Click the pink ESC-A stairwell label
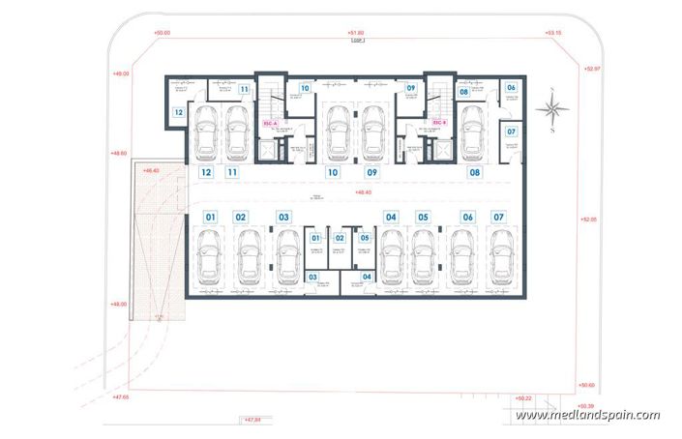tap(270, 124)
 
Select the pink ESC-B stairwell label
tap(438, 124)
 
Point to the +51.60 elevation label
tap(357, 34)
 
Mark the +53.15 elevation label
tap(553, 34)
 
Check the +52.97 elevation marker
tap(592, 70)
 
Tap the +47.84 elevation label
tap(251, 421)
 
